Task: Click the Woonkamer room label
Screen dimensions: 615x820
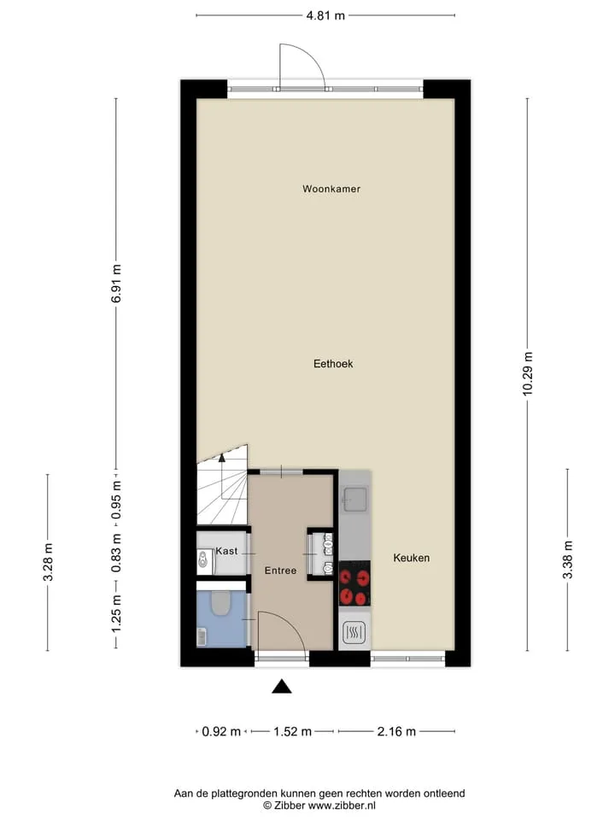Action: click(331, 189)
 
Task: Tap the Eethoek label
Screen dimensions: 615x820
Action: click(333, 364)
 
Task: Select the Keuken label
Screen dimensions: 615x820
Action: click(412, 558)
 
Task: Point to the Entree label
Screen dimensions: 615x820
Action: click(280, 571)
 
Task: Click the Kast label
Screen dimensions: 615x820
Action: click(226, 551)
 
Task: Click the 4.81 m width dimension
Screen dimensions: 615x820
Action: click(325, 15)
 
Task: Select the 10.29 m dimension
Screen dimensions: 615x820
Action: click(528, 373)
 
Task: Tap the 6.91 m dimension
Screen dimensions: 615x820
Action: click(116, 283)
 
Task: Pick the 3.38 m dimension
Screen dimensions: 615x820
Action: click(568, 559)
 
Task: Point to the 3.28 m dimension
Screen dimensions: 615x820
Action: click(48, 562)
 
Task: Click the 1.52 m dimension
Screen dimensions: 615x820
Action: click(292, 731)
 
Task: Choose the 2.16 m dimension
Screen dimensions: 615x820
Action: click(396, 731)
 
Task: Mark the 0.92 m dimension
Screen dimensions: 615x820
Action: click(221, 731)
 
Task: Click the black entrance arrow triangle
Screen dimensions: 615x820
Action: click(281, 686)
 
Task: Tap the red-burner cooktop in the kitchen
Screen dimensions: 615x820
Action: click(354, 583)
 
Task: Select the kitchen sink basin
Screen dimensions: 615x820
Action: click(355, 498)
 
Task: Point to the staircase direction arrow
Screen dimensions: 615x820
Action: click(222, 458)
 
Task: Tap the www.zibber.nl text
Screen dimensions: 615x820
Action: click(342, 805)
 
